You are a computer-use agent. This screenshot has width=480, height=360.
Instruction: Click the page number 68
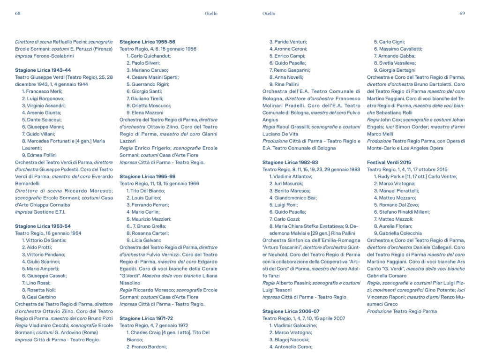pos(18,14)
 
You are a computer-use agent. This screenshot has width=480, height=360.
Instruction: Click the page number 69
pos(462,14)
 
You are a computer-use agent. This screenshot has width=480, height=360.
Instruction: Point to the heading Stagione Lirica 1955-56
pos(147,42)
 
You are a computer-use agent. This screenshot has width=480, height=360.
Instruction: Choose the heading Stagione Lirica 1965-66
pos(147,176)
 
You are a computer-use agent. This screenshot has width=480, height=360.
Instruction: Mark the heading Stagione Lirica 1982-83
pos(290,162)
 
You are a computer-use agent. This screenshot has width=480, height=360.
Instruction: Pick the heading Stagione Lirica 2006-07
pos(291,311)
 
